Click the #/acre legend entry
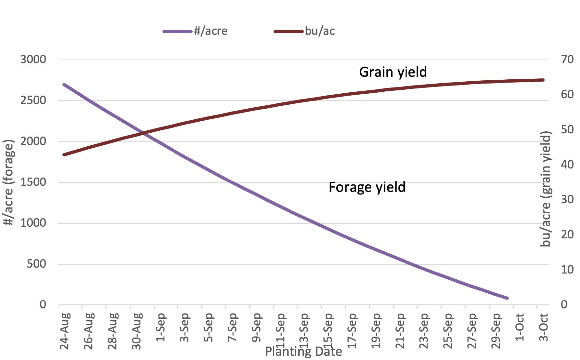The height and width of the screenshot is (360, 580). (195, 31)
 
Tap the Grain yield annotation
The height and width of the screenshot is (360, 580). (393, 72)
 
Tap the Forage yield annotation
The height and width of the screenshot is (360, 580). (367, 187)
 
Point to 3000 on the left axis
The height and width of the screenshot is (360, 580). (33, 60)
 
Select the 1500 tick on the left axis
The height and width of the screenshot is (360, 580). (33, 182)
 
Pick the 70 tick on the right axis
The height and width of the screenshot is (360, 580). (567, 60)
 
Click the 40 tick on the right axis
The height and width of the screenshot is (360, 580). (567, 165)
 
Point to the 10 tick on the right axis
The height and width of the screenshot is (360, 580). (567, 270)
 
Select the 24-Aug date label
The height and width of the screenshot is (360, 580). (65, 331)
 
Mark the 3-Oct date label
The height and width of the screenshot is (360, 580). (543, 327)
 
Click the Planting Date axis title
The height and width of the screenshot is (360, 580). (303, 352)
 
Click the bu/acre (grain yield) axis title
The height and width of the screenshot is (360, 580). (546, 189)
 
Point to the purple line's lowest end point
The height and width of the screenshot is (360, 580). (507, 298)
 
